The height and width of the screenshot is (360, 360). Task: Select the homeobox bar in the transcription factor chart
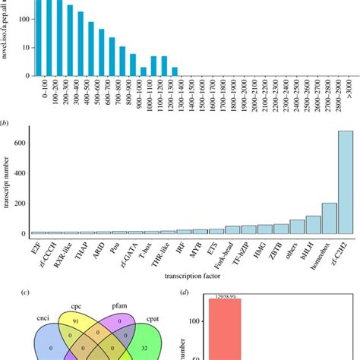[329, 217]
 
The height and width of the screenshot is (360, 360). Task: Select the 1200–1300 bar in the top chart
[174, 72]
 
